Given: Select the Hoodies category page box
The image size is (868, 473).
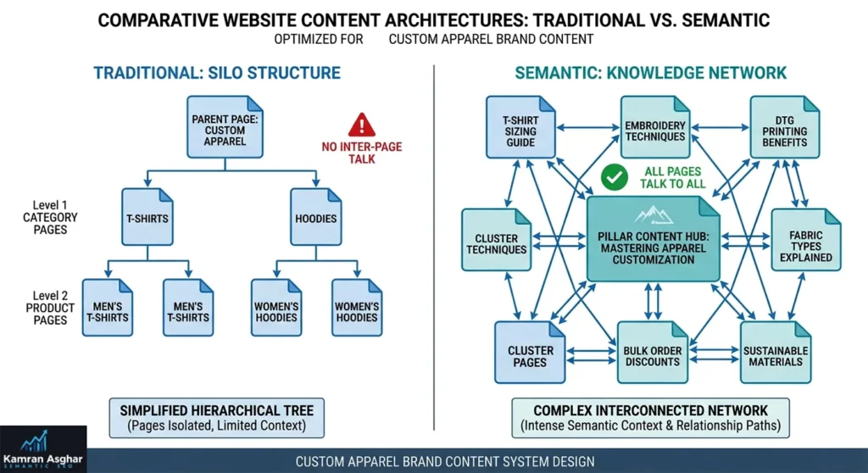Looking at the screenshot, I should (x=314, y=218).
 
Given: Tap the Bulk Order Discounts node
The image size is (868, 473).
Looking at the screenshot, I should (x=652, y=353).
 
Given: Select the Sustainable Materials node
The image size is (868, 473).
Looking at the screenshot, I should (x=775, y=353).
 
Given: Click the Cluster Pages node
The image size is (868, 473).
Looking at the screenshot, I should (x=530, y=353).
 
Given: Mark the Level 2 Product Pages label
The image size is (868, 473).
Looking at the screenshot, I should (x=50, y=308).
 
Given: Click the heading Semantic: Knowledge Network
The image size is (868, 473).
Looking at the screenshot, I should (x=651, y=72).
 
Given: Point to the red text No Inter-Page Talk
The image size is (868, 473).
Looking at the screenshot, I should (x=362, y=153).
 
